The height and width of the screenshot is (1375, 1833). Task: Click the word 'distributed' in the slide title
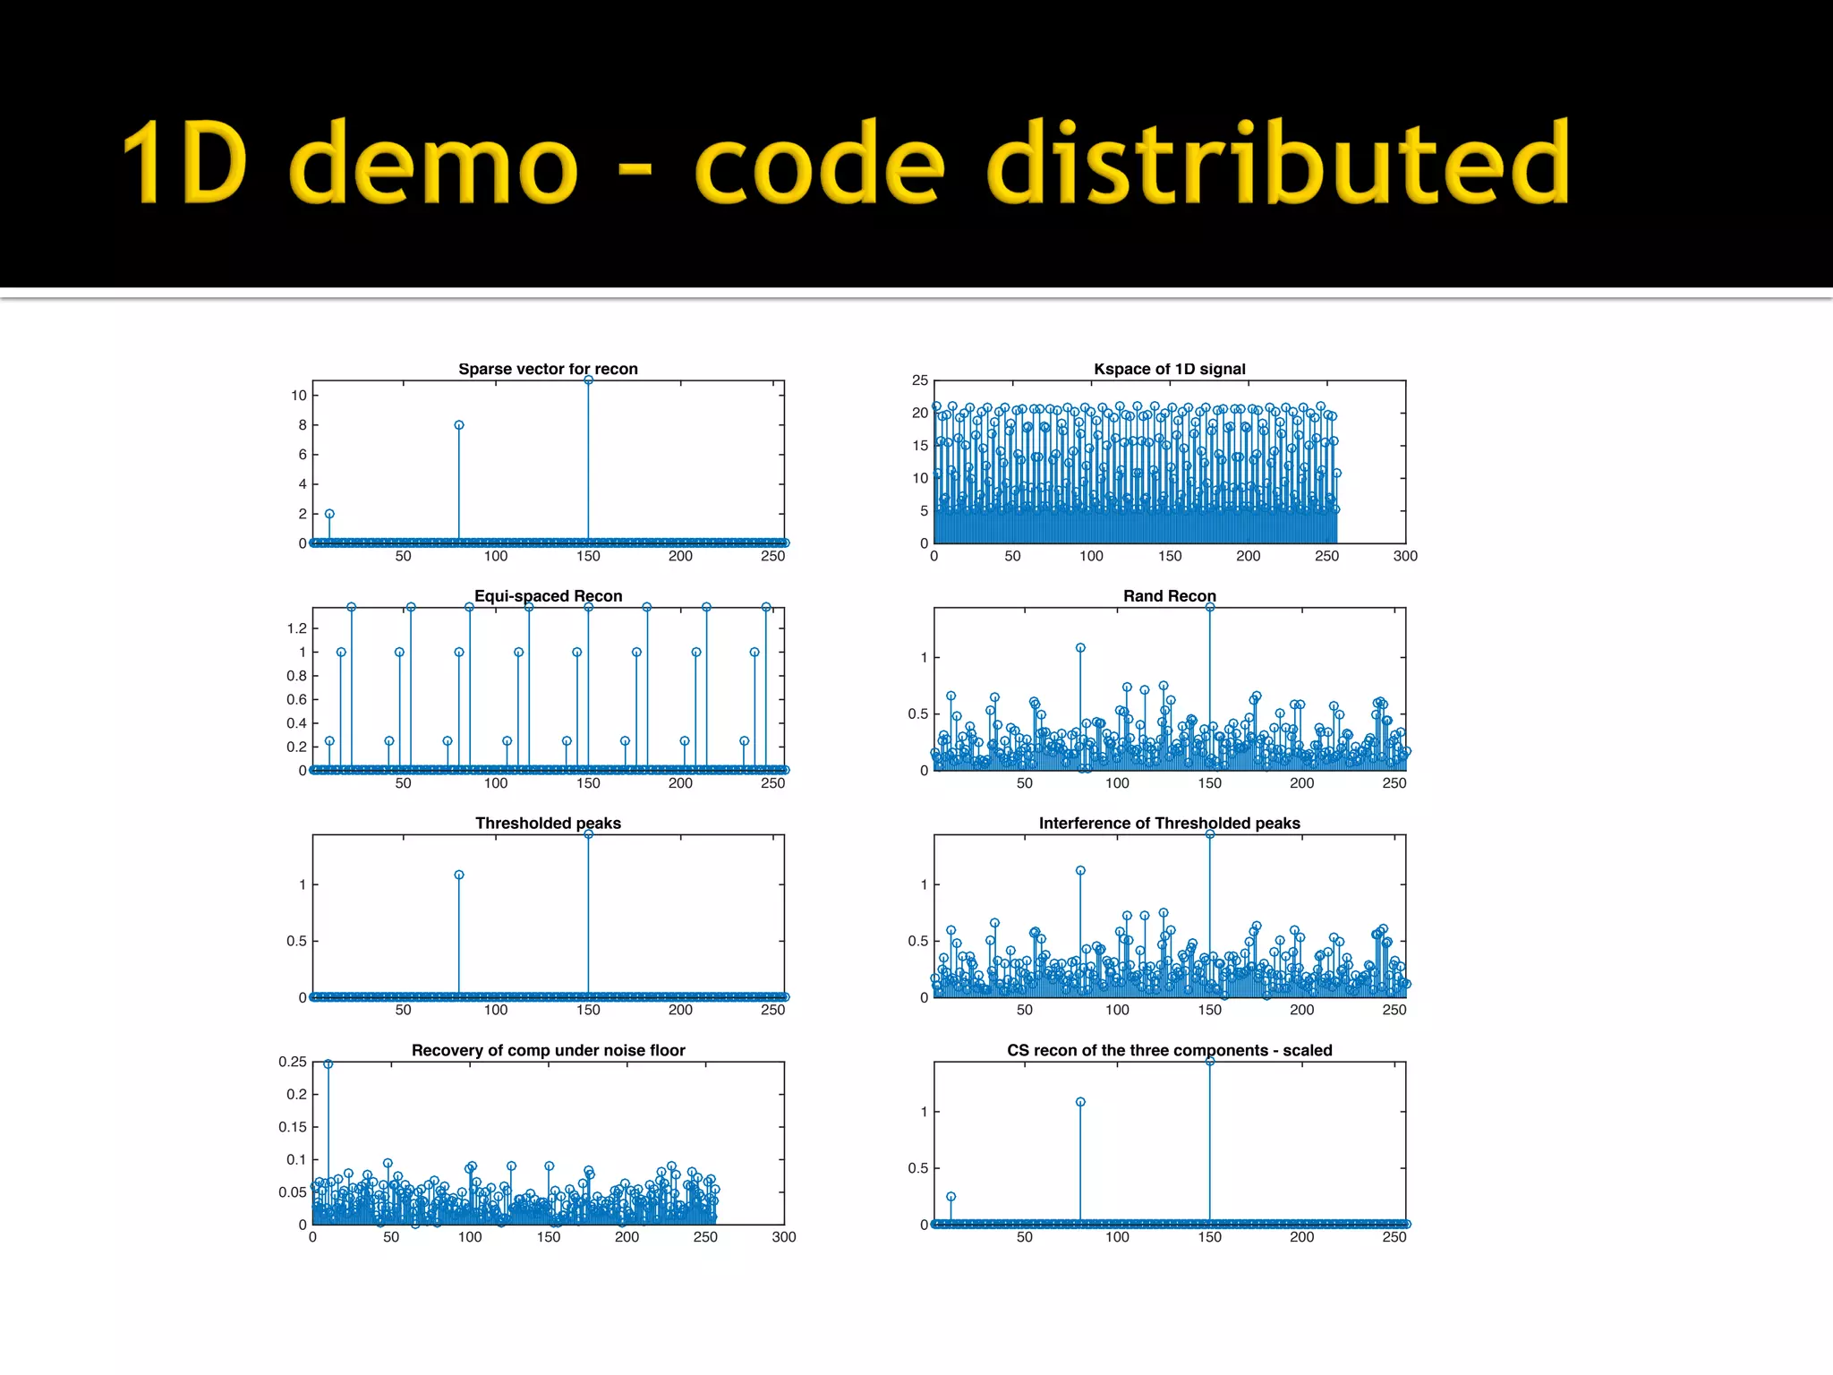(x=1277, y=163)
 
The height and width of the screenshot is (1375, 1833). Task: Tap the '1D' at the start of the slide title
(x=184, y=163)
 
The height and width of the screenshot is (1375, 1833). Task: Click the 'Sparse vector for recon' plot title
(x=548, y=369)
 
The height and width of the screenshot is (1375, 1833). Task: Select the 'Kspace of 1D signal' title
(x=1169, y=369)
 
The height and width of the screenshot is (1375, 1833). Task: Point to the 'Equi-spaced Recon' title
(x=548, y=596)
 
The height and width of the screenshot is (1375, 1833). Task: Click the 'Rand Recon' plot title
(x=1169, y=596)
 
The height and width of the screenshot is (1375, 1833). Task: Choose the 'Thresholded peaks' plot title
(x=548, y=823)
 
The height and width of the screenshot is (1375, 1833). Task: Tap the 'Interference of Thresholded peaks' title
(x=1169, y=823)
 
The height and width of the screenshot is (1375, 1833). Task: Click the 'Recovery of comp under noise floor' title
(x=548, y=1050)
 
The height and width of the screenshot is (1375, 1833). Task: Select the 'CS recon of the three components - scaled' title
(x=1169, y=1050)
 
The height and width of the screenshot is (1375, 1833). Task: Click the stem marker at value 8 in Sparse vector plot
(x=459, y=425)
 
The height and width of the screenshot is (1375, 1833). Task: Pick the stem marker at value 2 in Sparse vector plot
(x=329, y=514)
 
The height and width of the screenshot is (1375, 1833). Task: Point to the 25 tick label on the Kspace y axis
(x=920, y=380)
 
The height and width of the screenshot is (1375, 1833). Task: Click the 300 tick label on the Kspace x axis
(x=1405, y=556)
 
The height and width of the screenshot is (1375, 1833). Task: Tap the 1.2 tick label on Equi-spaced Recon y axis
(x=296, y=628)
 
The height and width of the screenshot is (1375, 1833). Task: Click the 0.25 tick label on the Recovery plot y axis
(x=292, y=1062)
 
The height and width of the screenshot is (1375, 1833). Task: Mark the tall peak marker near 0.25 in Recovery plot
(x=328, y=1064)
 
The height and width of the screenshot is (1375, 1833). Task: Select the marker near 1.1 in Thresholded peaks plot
(x=459, y=875)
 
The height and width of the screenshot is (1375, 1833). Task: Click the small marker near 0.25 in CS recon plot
(x=951, y=1197)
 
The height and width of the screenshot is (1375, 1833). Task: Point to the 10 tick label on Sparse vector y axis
(x=298, y=396)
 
